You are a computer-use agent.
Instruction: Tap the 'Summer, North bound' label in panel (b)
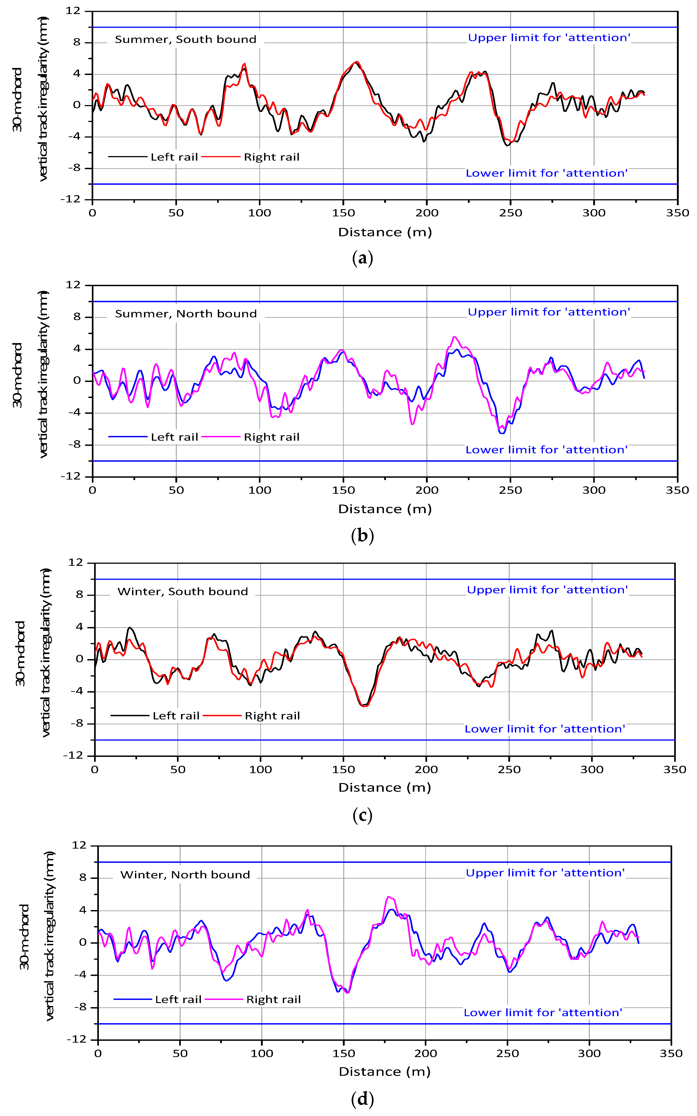tap(186, 314)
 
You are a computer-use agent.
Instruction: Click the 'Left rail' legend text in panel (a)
tap(174, 157)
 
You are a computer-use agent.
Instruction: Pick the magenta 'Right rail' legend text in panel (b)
tap(272, 437)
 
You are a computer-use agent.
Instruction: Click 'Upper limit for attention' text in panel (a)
tap(549, 38)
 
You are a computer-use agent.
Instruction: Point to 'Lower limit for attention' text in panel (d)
tap(543, 1012)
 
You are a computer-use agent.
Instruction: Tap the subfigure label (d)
tap(362, 1099)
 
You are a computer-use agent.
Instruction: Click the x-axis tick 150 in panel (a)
tap(344, 213)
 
